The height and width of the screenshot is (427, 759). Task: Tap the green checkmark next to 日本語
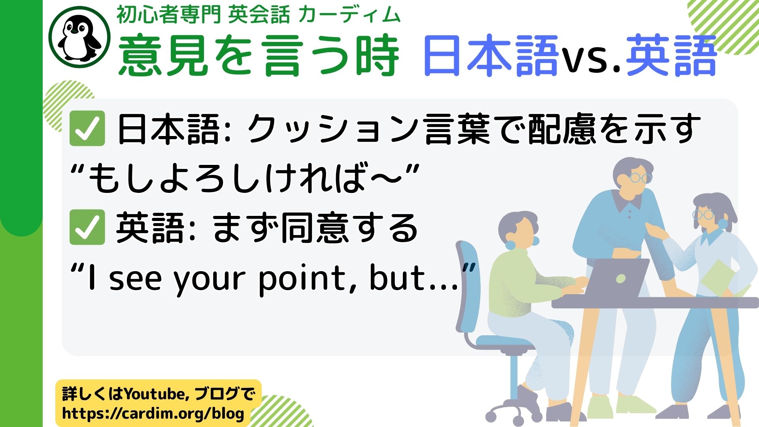coord(87,128)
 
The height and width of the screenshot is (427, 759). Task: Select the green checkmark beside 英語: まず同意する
coord(87,227)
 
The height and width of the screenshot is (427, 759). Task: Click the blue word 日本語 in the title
coord(490,55)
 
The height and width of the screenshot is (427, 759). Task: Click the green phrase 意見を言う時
coord(259,55)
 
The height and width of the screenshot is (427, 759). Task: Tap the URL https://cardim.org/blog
coord(153,414)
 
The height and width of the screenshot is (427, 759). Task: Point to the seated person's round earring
coord(510,245)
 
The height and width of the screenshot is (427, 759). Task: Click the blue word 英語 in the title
coord(671,55)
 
